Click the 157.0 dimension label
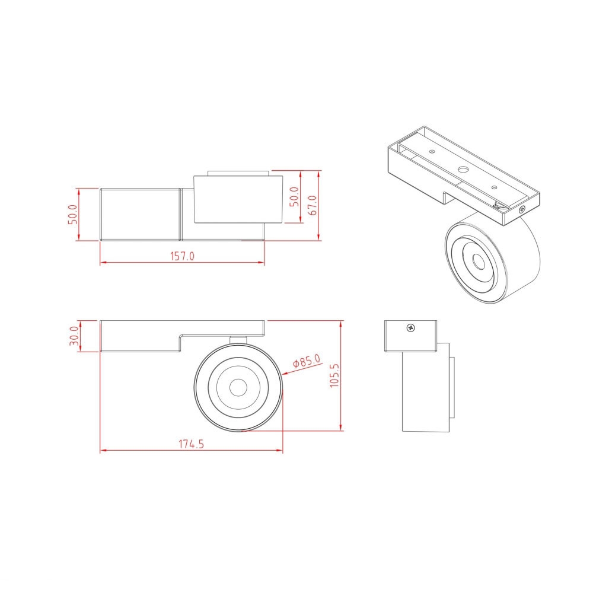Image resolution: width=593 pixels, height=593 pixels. [x=182, y=256]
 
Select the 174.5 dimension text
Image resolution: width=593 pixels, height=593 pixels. [x=191, y=444]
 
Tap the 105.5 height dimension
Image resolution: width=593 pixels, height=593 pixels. [x=334, y=375]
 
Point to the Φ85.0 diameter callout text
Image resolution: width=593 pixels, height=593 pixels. [x=307, y=361]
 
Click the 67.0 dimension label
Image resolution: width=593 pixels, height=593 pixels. [x=313, y=205]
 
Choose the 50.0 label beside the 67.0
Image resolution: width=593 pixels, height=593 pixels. [x=294, y=197]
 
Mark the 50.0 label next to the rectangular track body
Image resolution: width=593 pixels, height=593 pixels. [x=72, y=215]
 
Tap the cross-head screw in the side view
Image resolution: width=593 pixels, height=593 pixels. [x=410, y=328]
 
